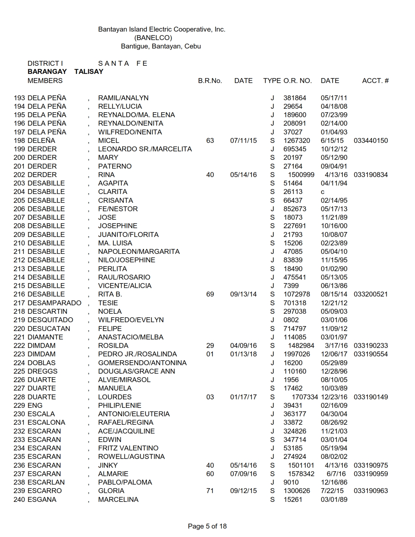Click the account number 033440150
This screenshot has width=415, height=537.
pyautogui.click(x=371, y=141)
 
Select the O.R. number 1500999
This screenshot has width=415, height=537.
pyautogui.click(x=301, y=175)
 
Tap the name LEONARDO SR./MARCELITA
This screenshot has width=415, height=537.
pyautogui.click(x=145, y=149)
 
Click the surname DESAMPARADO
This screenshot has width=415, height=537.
pyautogui.click(x=54, y=303)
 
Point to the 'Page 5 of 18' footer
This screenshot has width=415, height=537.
pyautogui.click(x=207, y=526)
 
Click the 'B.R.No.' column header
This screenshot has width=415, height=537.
pyautogui.click(x=210, y=81)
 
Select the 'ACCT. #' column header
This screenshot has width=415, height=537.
pyautogui.click(x=375, y=81)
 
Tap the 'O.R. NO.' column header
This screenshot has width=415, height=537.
pyautogui.click(x=297, y=81)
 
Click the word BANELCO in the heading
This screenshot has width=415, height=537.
pyautogui.click(x=153, y=38)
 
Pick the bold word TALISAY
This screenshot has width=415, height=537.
pyautogui.click(x=89, y=72)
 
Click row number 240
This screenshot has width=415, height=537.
pyautogui.click(x=19, y=499)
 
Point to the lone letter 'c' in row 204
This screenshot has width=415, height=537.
pyautogui.click(x=323, y=192)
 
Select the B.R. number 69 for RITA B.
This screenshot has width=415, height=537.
pyautogui.click(x=210, y=294)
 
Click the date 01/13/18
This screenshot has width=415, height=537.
pyautogui.click(x=243, y=354)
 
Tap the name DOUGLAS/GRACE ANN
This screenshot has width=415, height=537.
pyautogui.click(x=136, y=371)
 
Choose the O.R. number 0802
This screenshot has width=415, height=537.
pyautogui.click(x=291, y=320)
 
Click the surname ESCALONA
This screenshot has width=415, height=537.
pyautogui.click(x=47, y=422)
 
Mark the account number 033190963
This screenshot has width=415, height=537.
pyautogui.click(x=371, y=491)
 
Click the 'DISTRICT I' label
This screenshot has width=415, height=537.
pyautogui.click(x=45, y=63)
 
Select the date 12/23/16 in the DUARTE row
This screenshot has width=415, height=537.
pyautogui.click(x=334, y=397)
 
